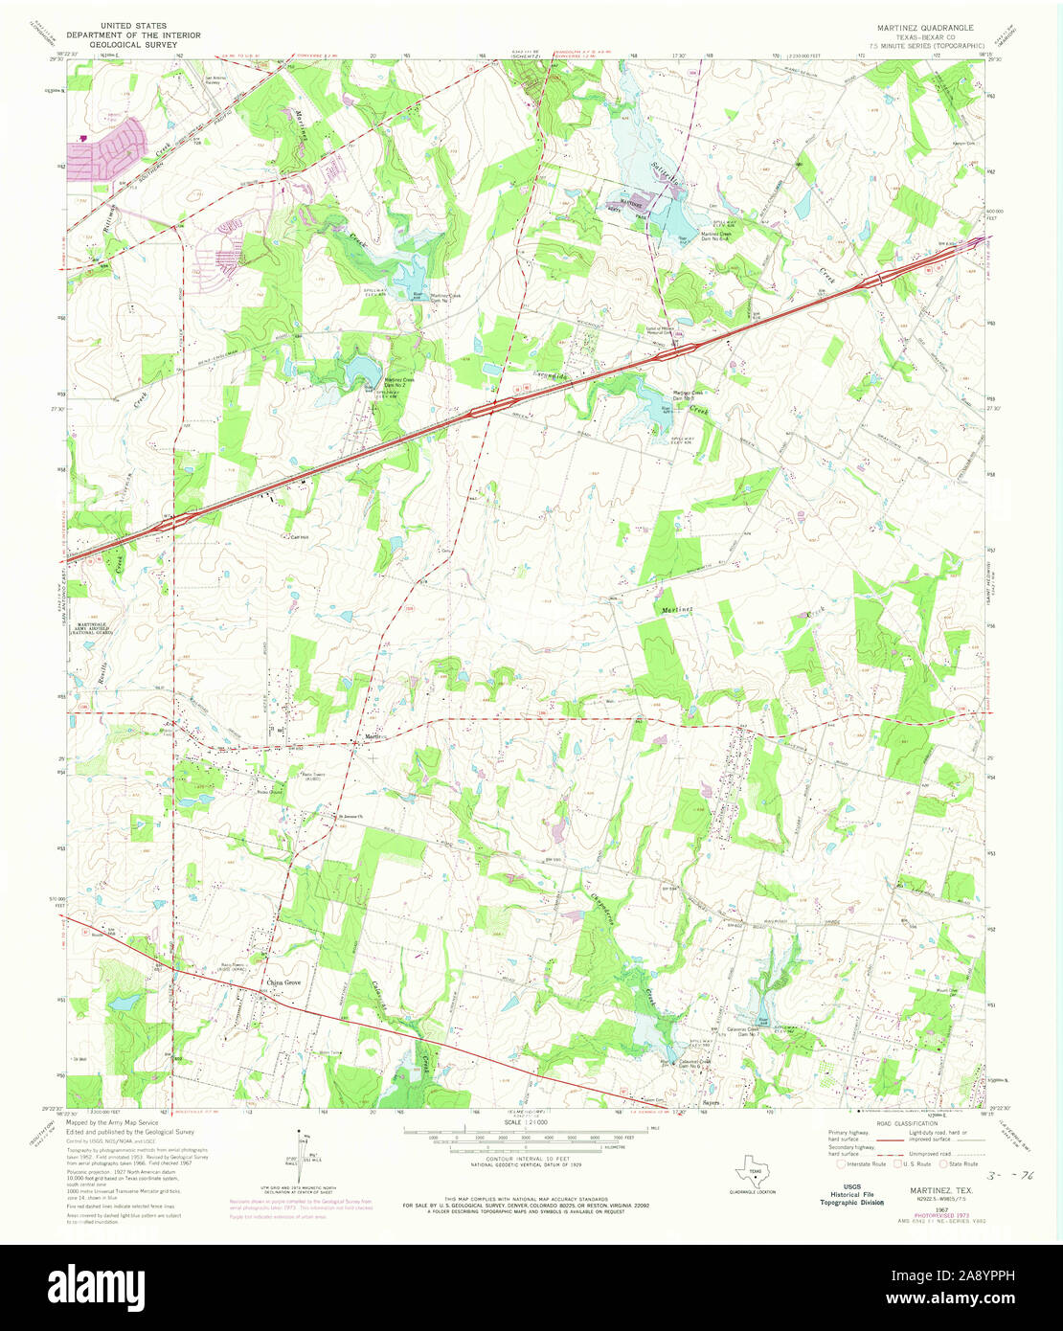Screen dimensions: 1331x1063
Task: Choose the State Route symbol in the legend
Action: point(941,1164)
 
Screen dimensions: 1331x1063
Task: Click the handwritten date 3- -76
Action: point(1015,1172)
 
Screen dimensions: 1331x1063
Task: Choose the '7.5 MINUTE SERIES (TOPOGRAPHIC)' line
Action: point(926,46)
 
